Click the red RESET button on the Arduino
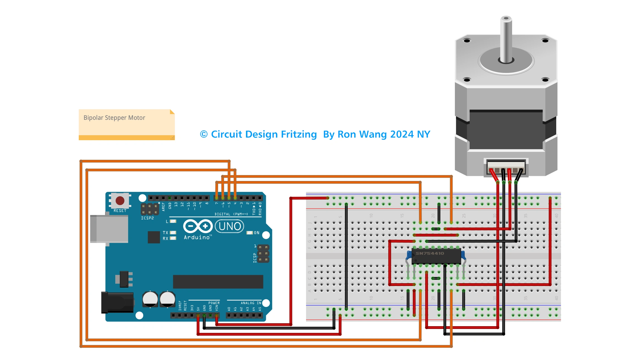[120, 200]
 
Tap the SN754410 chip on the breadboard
[436, 256]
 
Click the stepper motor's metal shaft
[506, 39]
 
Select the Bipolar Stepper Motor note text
[114, 118]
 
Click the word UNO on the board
[230, 226]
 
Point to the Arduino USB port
[109, 229]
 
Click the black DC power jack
[118, 302]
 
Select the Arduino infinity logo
[198, 226]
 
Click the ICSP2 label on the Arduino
[147, 218]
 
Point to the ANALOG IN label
[251, 303]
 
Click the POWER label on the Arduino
[214, 303]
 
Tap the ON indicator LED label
[256, 233]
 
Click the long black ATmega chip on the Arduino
[218, 282]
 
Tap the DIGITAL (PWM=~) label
[231, 214]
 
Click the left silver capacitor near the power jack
[150, 299]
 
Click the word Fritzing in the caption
[298, 134]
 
